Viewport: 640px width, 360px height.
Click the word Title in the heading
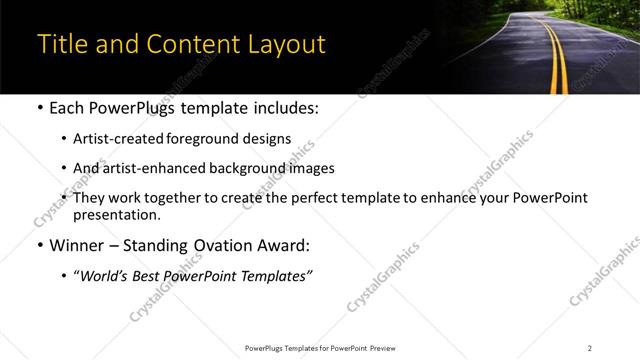(x=62, y=45)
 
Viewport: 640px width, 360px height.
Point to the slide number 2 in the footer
(x=590, y=348)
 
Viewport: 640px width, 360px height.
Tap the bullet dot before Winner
(x=39, y=245)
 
